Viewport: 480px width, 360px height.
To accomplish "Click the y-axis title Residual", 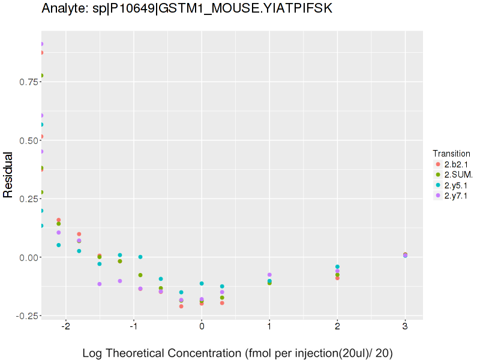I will [x=8, y=175].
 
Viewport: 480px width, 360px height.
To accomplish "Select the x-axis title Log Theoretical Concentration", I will [x=237, y=353].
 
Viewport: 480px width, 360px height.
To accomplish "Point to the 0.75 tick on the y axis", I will [x=26, y=82].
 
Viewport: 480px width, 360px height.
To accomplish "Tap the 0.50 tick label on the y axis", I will [x=26, y=140].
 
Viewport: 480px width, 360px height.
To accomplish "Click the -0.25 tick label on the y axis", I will [x=25, y=316].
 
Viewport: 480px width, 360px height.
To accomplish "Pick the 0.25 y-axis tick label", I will [x=26, y=199].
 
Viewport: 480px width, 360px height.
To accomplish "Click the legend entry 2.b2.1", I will [x=456, y=164].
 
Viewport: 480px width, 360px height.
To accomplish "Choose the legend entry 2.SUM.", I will [x=458, y=175].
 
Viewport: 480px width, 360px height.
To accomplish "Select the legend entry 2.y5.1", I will [x=456, y=185].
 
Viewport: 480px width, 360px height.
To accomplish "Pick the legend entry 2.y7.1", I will [x=456, y=196].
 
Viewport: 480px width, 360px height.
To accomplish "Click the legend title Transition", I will [x=451, y=153].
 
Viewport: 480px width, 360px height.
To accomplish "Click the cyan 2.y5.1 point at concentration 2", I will [x=337, y=266].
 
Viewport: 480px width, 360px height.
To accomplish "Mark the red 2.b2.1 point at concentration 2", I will [x=337, y=278].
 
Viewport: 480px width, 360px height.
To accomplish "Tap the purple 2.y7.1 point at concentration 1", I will [x=269, y=275].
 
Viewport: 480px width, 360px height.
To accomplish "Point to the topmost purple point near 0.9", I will [x=41, y=44].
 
